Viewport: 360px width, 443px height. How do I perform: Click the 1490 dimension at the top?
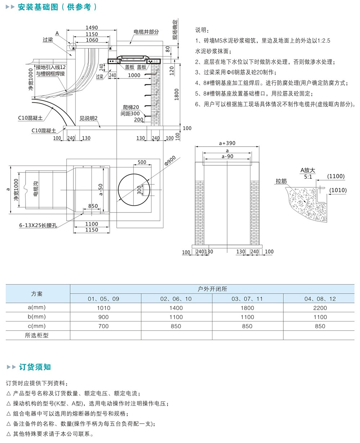92,28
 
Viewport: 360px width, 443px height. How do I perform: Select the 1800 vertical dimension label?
176,94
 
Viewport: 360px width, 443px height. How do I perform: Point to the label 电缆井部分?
146,32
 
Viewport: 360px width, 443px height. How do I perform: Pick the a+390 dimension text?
227,143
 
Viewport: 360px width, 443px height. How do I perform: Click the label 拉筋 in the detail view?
281,181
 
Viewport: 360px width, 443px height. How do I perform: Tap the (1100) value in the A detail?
336,176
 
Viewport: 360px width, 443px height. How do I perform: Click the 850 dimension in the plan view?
93,206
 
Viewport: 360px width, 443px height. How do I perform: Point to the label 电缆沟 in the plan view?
35,189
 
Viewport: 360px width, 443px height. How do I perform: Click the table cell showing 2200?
320,308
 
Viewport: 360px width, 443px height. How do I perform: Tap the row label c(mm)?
37,326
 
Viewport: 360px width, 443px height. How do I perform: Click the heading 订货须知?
35,367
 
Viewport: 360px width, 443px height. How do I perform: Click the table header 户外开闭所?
212,289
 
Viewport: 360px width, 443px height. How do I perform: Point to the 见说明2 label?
89,118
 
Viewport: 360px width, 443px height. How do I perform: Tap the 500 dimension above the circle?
142,162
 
